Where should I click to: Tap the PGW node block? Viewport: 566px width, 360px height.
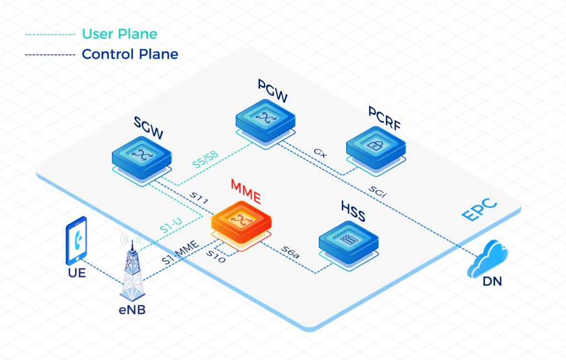(x=265, y=118)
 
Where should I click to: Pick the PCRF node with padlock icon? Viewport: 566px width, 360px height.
(x=376, y=147)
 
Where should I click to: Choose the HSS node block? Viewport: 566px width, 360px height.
(x=348, y=241)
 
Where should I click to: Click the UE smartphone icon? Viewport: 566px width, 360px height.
(x=76, y=241)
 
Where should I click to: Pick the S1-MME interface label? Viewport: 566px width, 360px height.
(x=180, y=252)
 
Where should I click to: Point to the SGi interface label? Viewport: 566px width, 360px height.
(x=380, y=191)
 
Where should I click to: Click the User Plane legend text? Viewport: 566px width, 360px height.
(x=119, y=34)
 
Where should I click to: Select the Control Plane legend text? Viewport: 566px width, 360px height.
(x=130, y=54)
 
